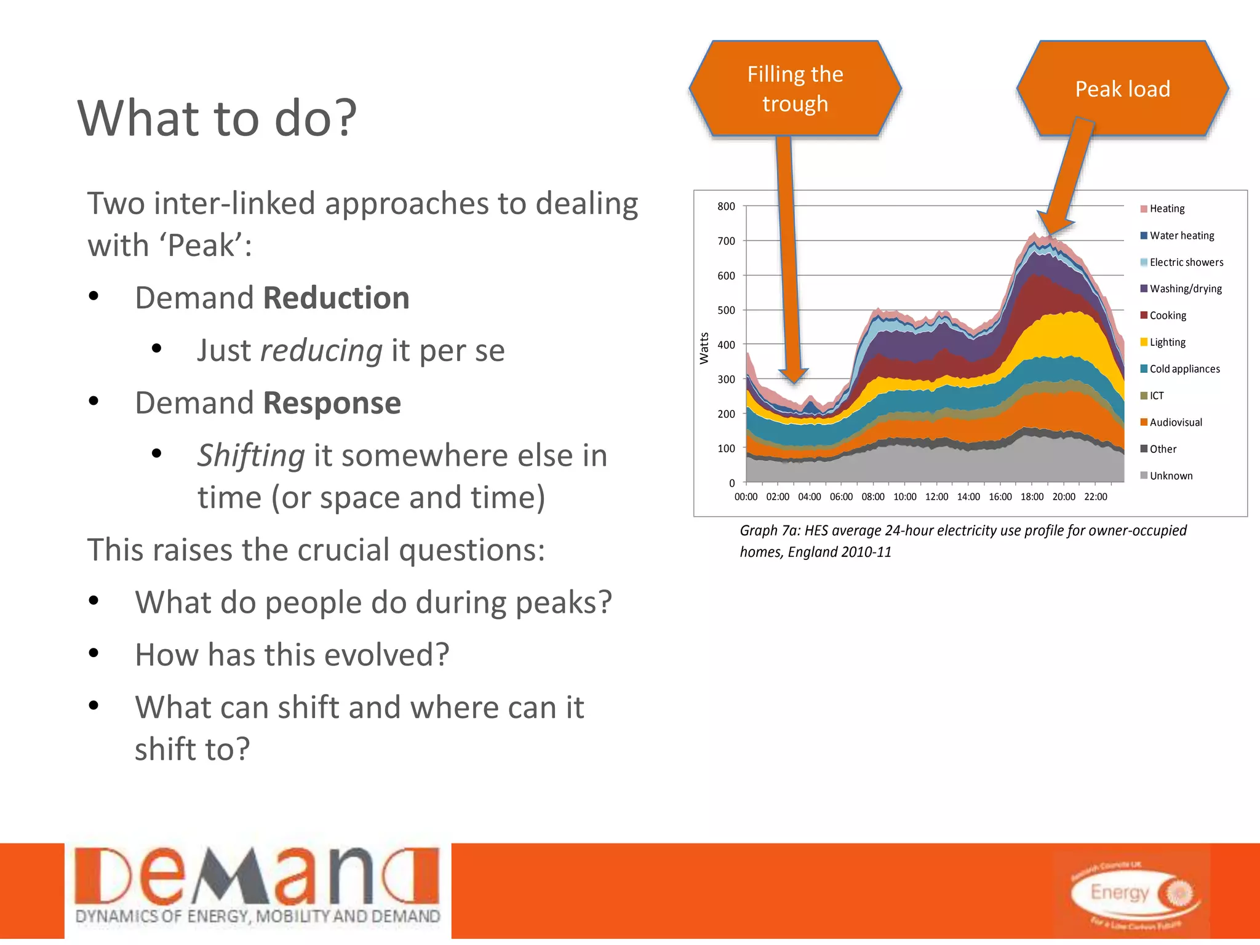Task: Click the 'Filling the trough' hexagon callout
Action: [x=795, y=89]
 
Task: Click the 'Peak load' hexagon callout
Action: [x=1122, y=89]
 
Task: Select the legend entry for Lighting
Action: [x=1166, y=342]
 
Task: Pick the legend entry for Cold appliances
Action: [x=1184, y=369]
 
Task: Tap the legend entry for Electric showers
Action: [x=1186, y=262]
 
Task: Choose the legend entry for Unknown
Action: [x=1170, y=476]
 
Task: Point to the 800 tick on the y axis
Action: [x=726, y=207]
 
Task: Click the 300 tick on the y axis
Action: [x=726, y=380]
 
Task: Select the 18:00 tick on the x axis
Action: [x=1032, y=497]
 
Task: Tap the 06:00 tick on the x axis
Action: [x=841, y=497]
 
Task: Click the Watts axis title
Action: [x=704, y=348]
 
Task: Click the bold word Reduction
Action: [x=336, y=298]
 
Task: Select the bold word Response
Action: [x=332, y=404]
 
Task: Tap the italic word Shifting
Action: [x=251, y=456]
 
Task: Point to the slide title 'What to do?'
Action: [x=217, y=118]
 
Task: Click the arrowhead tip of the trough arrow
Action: [x=794, y=381]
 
